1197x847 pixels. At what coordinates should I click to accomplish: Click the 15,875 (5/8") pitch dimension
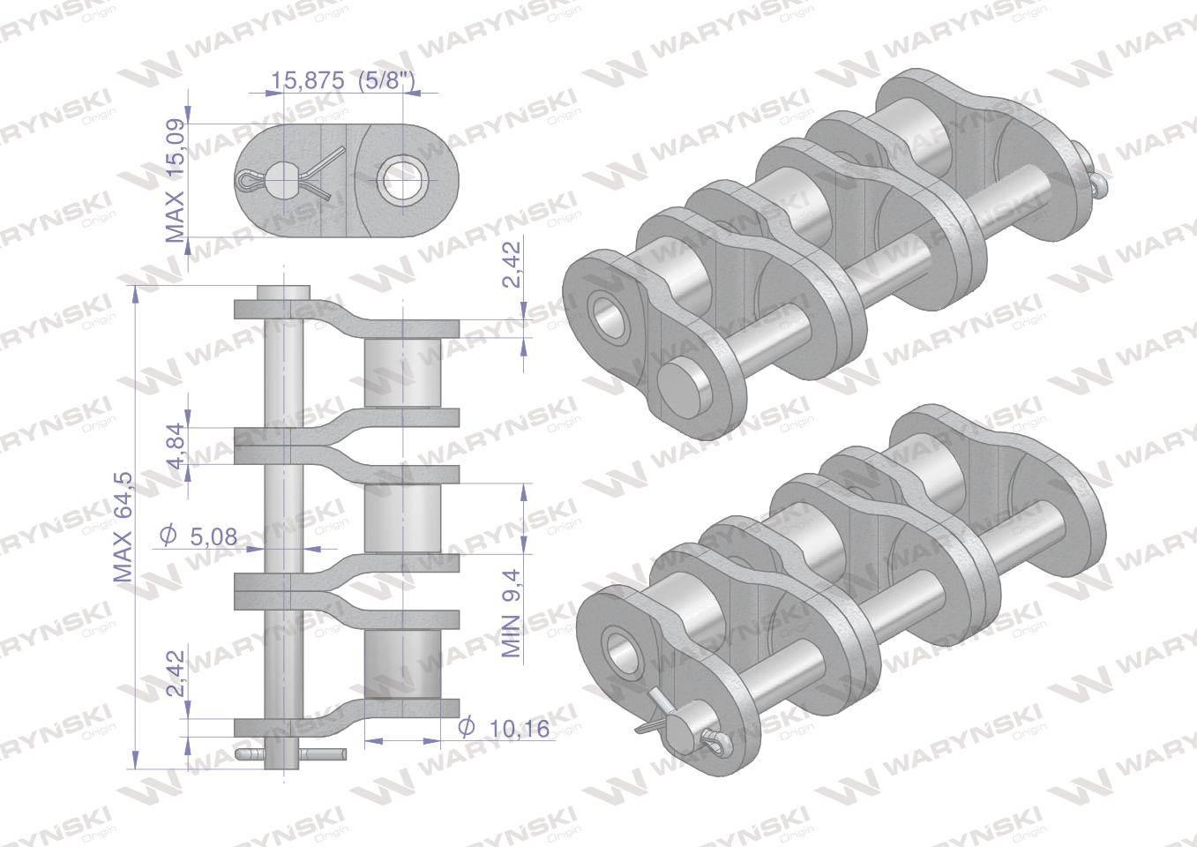click(343, 80)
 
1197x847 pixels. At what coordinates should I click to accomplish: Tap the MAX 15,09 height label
click(174, 181)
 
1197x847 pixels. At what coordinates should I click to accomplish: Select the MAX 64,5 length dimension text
click(123, 528)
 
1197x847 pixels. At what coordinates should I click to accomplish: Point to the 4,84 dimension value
click(174, 446)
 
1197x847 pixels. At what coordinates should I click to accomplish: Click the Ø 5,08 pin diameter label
click(198, 536)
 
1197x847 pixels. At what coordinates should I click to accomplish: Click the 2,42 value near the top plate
click(512, 265)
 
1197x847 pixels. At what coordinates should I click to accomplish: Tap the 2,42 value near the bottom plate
click(176, 673)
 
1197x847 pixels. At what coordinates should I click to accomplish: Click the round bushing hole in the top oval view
click(402, 180)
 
